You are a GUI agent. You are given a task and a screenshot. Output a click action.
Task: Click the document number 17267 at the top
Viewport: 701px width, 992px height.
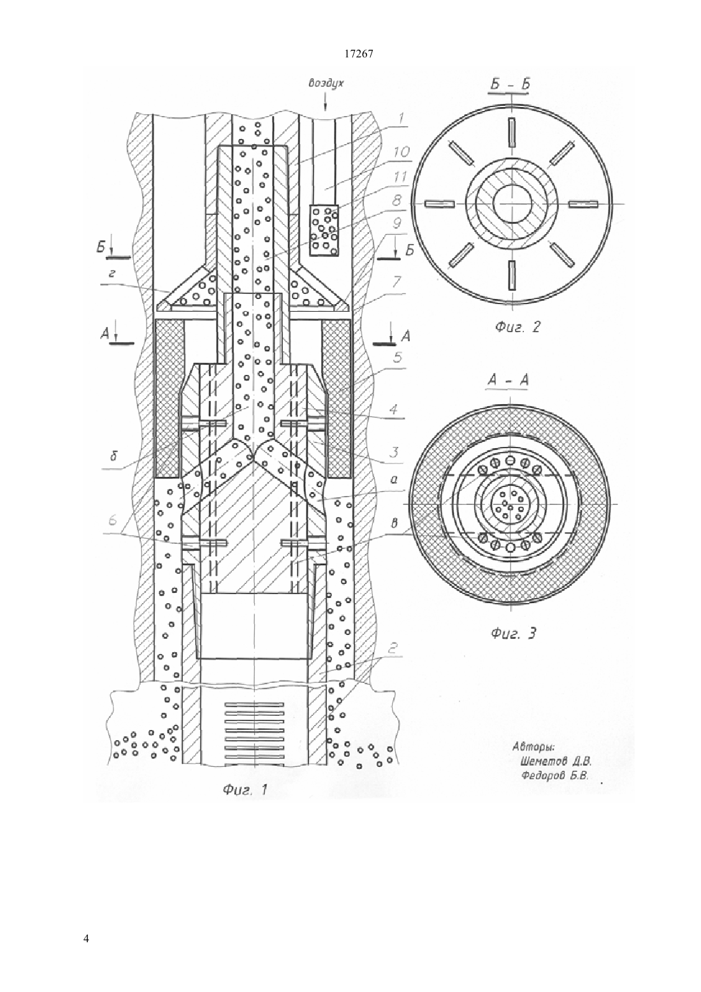(358, 54)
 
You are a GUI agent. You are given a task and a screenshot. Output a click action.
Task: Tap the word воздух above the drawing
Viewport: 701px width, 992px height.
(326, 84)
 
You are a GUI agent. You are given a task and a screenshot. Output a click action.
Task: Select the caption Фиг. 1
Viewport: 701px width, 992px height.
(245, 790)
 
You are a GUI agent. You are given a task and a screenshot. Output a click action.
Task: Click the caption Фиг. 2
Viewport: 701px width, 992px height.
(518, 327)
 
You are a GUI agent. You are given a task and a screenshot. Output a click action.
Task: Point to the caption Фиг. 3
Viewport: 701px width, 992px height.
(514, 634)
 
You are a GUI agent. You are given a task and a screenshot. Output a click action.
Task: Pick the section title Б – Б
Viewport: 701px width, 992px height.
(510, 84)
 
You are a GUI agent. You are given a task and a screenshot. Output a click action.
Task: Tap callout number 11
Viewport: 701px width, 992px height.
(400, 177)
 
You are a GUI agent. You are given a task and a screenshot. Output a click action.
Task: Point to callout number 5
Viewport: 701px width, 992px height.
(398, 357)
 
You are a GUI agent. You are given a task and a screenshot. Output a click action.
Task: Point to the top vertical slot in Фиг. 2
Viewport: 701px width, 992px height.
(512, 132)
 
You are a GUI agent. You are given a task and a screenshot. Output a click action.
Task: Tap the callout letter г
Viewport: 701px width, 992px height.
(112, 275)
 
